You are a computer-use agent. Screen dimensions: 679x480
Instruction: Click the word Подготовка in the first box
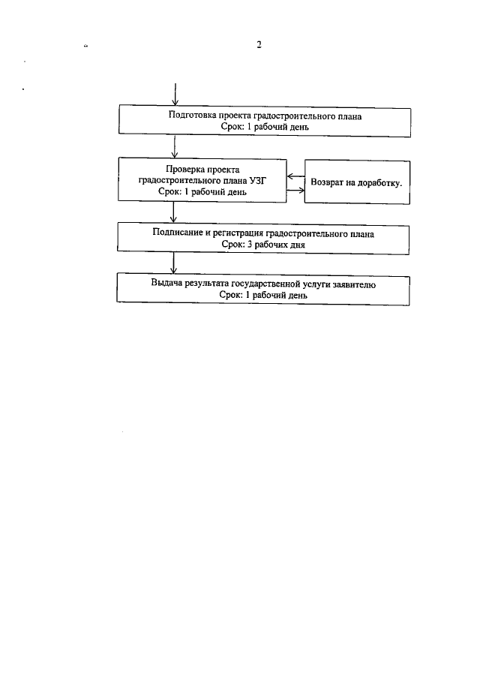[191, 116]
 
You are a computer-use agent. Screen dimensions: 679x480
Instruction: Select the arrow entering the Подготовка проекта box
[174, 93]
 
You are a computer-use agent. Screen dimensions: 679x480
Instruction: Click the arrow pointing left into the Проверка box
[295, 178]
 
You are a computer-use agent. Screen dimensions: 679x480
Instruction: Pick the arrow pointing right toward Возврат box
[295, 189]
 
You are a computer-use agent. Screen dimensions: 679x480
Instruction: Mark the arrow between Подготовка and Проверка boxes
[174, 146]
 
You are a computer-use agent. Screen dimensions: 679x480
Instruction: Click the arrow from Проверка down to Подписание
[174, 213]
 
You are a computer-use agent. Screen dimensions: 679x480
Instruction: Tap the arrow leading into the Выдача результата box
[174, 263]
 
